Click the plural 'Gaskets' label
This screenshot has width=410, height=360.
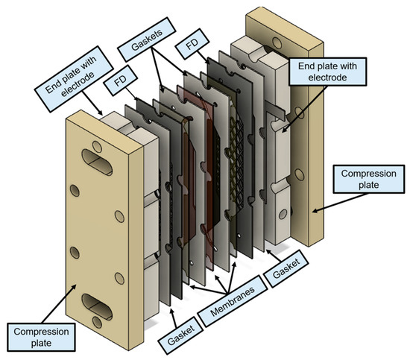(x=146, y=40)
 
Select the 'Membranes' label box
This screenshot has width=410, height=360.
(x=233, y=301)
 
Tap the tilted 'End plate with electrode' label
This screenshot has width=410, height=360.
(x=74, y=79)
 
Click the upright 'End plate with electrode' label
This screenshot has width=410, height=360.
(x=328, y=72)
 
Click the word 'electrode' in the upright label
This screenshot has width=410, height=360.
(x=328, y=78)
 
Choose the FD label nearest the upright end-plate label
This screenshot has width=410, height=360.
(x=192, y=45)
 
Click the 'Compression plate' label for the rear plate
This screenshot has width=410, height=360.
(x=369, y=179)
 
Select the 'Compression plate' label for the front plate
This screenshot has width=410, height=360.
(x=41, y=337)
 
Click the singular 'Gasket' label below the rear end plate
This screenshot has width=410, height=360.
(x=286, y=269)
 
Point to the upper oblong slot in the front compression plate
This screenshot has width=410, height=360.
(x=97, y=162)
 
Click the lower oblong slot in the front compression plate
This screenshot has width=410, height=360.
(x=97, y=306)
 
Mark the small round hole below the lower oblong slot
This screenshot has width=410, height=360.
(x=97, y=322)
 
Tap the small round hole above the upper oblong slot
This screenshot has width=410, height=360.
(x=97, y=147)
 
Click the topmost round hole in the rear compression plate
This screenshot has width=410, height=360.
(x=277, y=42)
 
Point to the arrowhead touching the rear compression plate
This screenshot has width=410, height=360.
(x=315, y=210)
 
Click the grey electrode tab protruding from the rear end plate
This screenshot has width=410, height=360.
(x=275, y=110)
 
